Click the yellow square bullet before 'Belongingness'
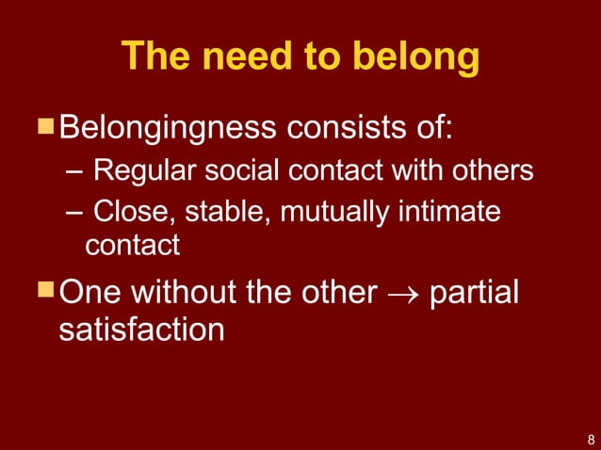click(x=46, y=124)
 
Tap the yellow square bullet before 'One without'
click(x=46, y=289)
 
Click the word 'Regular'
click(x=140, y=172)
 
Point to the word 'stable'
click(x=217, y=213)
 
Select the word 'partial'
click(x=474, y=293)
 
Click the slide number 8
click(x=589, y=439)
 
